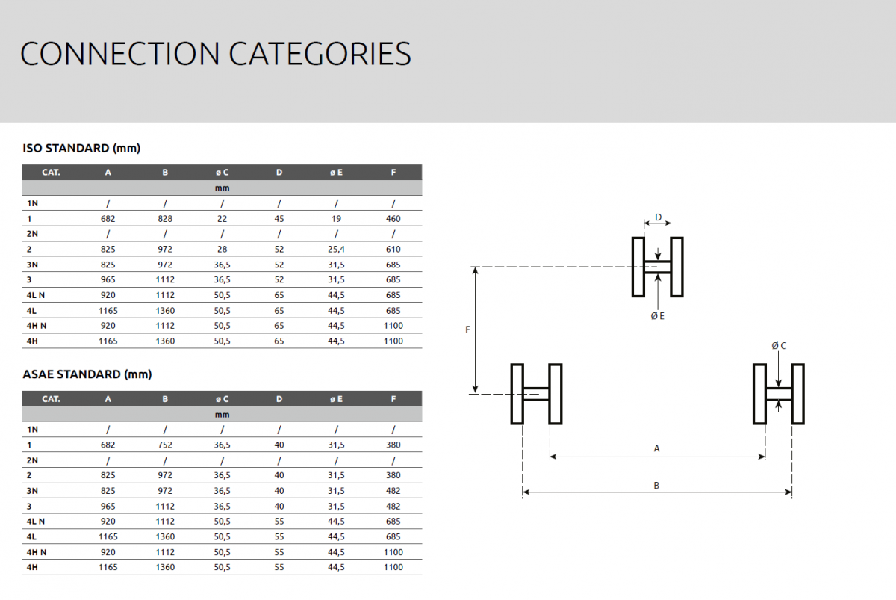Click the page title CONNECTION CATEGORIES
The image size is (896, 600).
point(216,53)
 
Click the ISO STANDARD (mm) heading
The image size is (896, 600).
point(81,148)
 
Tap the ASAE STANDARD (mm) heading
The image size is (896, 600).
point(87,374)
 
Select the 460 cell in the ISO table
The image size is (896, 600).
point(393,218)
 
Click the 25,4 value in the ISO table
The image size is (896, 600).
point(336,249)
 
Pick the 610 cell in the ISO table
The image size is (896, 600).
point(393,249)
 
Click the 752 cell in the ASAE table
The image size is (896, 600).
point(165,445)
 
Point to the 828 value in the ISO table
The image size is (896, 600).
point(165,218)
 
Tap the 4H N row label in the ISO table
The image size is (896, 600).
point(37,326)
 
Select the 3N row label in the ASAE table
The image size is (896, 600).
point(32,491)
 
